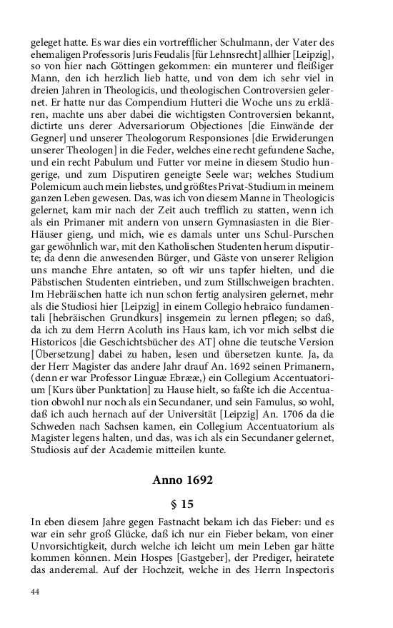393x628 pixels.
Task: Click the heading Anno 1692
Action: coord(182,480)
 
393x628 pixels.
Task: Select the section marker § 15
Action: coord(182,503)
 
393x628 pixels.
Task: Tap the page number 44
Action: coord(35,592)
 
